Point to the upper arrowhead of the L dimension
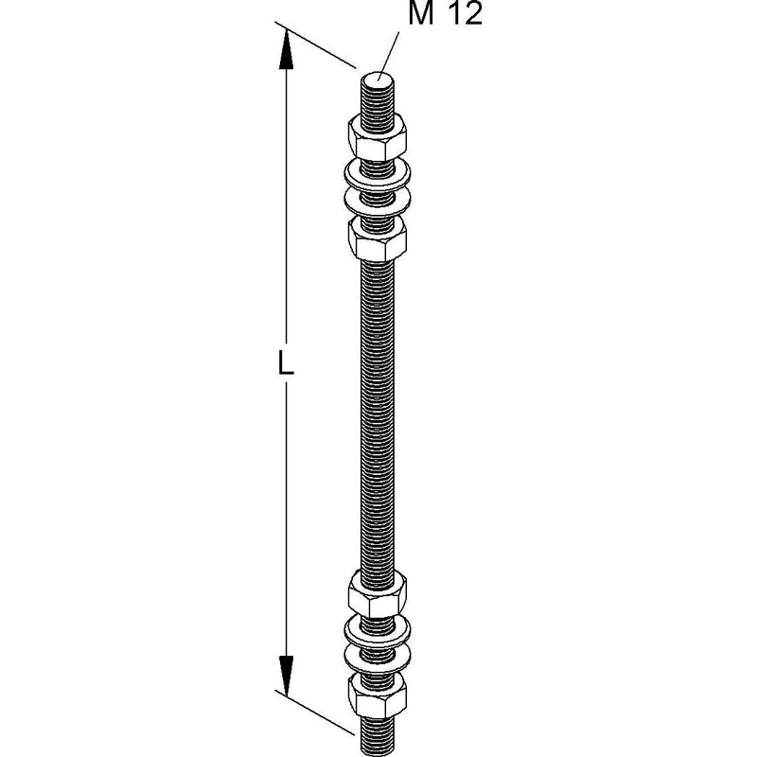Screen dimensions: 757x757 (x=287, y=49)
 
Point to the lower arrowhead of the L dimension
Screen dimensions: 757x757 (x=287, y=676)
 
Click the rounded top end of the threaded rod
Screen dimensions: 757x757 (x=378, y=78)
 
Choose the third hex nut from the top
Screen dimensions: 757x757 (x=377, y=594)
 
